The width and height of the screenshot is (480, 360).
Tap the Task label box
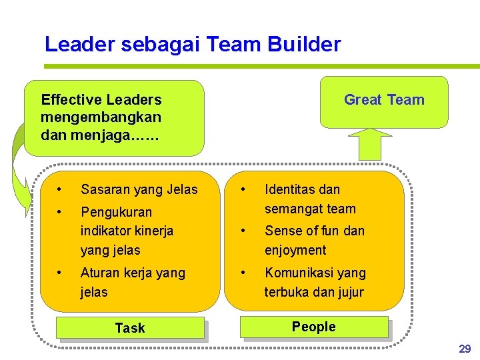[130, 328]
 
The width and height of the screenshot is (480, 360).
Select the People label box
[314, 327]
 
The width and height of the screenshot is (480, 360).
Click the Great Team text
[384, 100]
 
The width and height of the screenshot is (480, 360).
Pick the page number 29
[465, 349]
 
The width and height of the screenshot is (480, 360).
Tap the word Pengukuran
[116, 213]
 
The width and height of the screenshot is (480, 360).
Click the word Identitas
[291, 190]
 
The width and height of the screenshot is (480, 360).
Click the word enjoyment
[295, 250]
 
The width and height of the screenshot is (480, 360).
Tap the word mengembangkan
[101, 117]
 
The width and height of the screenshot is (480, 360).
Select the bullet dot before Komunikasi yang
[244, 272]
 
